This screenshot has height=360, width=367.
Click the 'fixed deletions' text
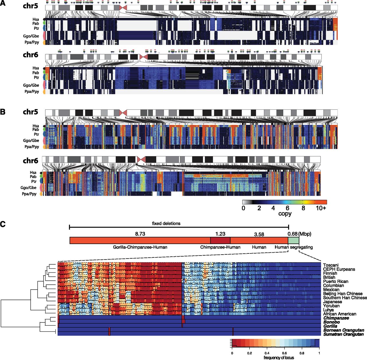[x=166, y=223]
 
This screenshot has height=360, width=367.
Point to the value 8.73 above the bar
[x=140, y=234]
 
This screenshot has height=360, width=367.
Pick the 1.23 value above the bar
[x=220, y=234]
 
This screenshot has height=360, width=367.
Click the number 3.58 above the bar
[x=259, y=235]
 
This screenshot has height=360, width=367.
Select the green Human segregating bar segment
[x=294, y=240]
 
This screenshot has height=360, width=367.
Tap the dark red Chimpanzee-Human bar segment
[x=220, y=240]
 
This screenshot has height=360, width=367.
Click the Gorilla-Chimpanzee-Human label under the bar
[x=140, y=247]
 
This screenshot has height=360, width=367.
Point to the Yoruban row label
[x=331, y=306]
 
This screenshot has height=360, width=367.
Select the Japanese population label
[x=332, y=302]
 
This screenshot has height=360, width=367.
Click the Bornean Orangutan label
[x=344, y=330]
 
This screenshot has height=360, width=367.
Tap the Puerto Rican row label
[x=336, y=282]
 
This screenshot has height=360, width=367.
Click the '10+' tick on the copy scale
[x=321, y=208]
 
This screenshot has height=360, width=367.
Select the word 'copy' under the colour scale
[x=285, y=214]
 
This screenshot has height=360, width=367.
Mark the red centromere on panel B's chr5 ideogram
[x=123, y=113]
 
